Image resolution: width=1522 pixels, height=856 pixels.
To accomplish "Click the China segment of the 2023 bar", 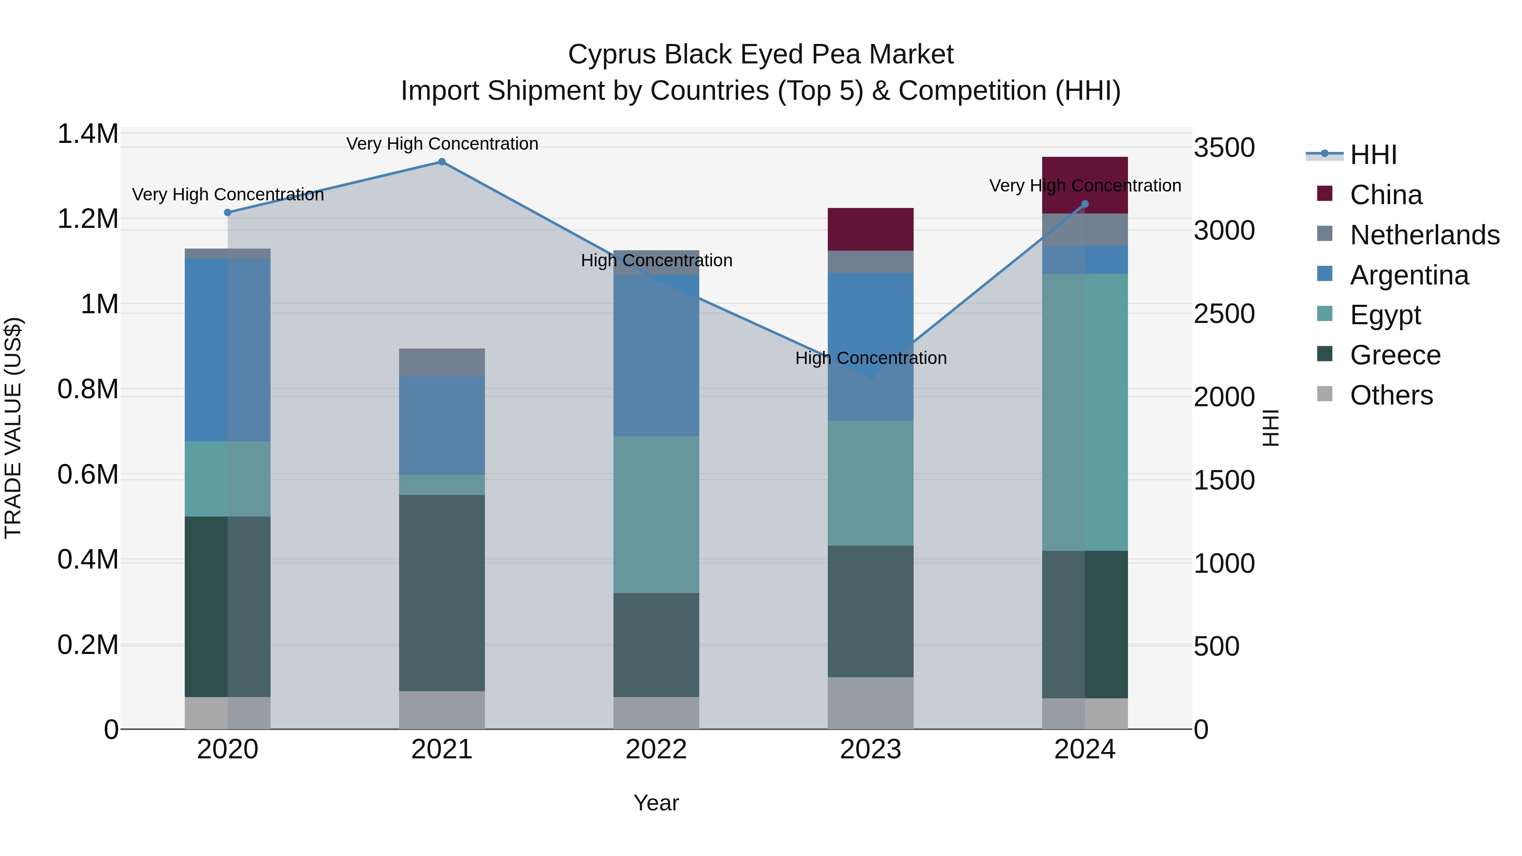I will click(870, 229).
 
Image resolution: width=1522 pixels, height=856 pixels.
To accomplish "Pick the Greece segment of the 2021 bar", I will click(442, 593).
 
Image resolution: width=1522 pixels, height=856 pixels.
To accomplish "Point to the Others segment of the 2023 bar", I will click(870, 703).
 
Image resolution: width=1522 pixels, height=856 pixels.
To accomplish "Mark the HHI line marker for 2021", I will click(442, 162).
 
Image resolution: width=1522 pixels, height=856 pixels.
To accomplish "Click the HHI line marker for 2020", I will click(227, 213).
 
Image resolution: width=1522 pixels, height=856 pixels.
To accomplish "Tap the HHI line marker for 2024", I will click(1085, 205).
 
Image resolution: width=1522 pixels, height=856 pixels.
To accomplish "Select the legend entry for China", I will click(1385, 195).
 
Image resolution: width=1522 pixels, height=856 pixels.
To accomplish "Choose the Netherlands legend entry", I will click(1424, 235).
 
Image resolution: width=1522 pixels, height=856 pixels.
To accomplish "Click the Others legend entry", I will click(1391, 395).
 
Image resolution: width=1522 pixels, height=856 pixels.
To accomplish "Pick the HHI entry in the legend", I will click(1372, 155).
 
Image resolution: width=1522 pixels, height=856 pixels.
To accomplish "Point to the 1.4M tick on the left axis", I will click(88, 134).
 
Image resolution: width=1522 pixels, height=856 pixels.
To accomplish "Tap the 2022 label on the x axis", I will click(656, 749).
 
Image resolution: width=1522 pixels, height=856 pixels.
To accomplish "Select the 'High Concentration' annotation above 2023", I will click(871, 358).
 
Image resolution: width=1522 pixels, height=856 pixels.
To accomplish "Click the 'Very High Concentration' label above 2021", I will click(442, 144).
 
